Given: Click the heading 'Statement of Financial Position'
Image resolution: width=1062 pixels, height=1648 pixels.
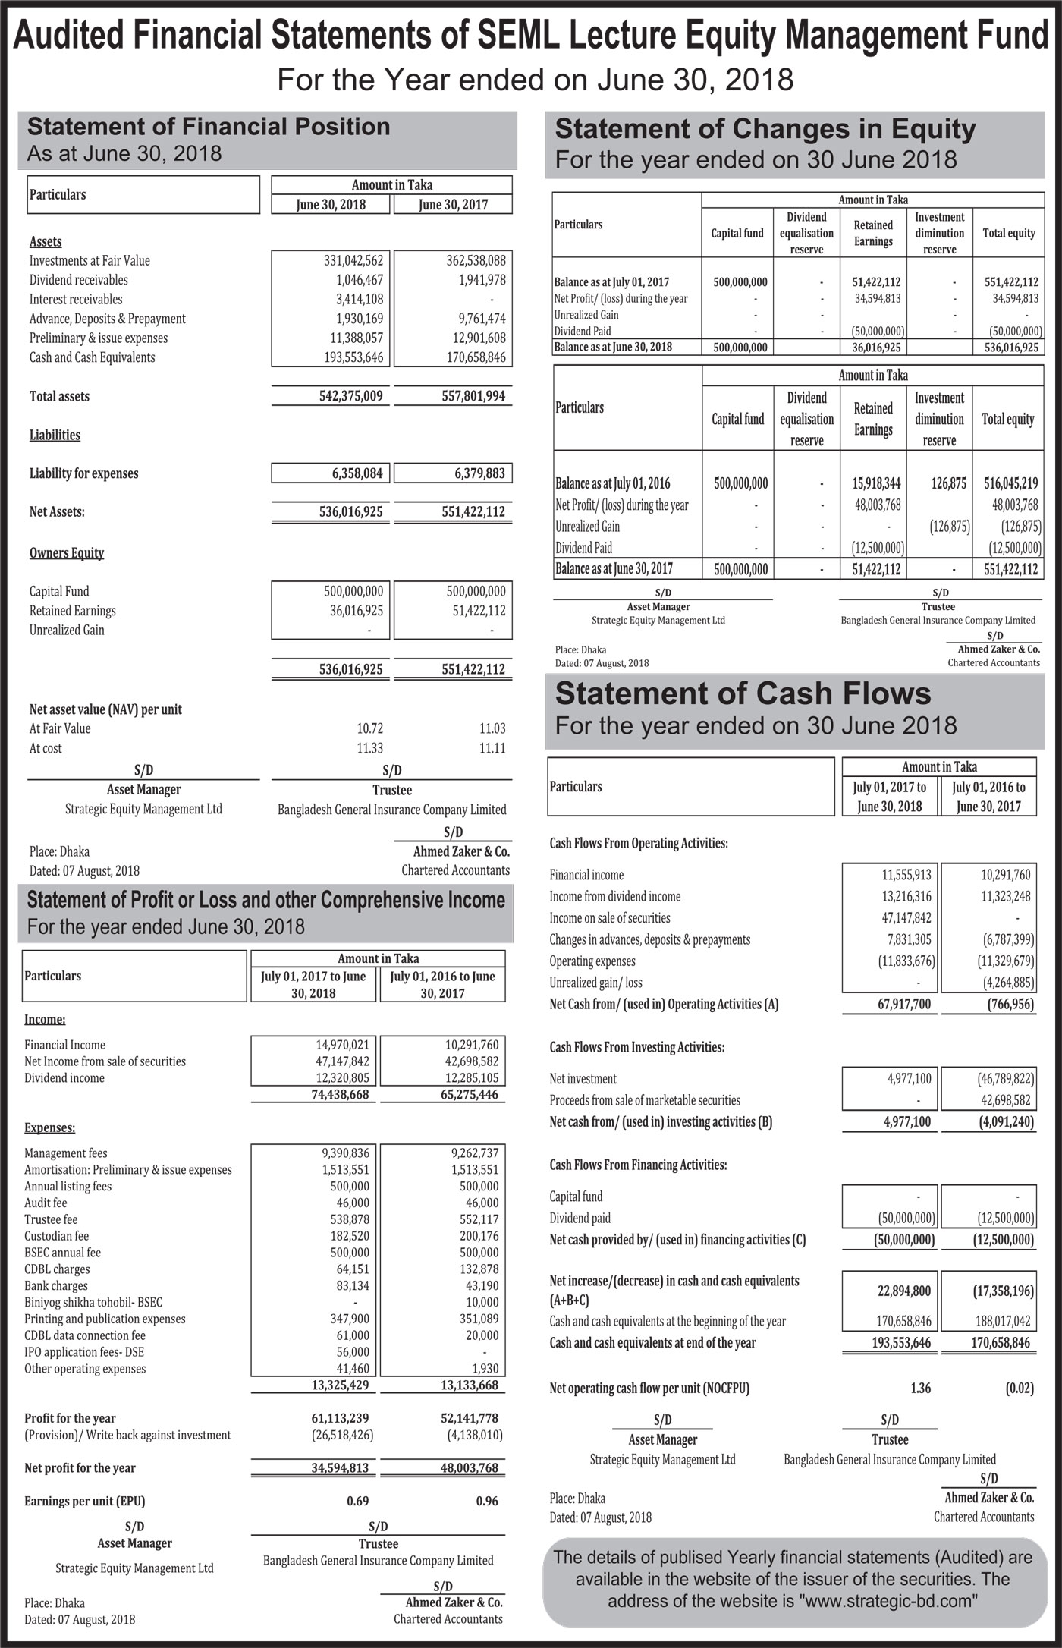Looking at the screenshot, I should click(x=209, y=127).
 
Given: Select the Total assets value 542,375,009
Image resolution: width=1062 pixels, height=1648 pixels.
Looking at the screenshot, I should click(x=350, y=396).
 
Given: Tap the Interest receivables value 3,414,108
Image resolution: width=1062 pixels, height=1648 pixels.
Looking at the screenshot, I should click(x=353, y=300).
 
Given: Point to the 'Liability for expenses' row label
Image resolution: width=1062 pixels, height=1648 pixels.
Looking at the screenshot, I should click(x=83, y=473).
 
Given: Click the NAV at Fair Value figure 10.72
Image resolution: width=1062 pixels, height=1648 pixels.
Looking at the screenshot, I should click(x=369, y=728).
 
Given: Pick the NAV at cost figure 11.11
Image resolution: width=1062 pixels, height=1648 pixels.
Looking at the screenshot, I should click(x=492, y=748).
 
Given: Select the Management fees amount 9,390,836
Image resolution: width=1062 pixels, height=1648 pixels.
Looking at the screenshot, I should click(x=345, y=1153).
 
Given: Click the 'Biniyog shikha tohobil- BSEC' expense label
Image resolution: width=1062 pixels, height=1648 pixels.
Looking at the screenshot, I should click(x=93, y=1303).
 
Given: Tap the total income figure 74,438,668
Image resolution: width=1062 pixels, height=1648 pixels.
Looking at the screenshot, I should click(x=340, y=1094).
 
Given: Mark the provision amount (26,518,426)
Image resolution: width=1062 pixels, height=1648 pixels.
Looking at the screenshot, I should click(x=342, y=1435).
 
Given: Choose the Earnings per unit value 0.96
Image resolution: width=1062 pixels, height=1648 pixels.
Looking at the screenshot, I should click(x=487, y=1501).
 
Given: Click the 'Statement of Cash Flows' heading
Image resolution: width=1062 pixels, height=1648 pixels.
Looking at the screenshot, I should click(x=743, y=693).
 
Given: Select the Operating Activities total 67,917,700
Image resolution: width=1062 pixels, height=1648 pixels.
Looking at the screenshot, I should click(x=900, y=1004).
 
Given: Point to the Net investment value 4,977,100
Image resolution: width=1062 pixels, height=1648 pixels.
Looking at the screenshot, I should click(x=909, y=1079).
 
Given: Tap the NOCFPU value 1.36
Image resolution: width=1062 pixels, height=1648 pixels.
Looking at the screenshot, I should click(x=920, y=1388).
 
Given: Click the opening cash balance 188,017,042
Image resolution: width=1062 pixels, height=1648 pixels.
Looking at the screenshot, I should click(x=1002, y=1321).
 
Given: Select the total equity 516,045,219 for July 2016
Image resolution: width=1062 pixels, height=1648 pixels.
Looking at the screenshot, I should click(x=1010, y=483).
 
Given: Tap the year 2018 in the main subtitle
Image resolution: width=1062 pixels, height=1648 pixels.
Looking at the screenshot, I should click(x=760, y=79).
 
